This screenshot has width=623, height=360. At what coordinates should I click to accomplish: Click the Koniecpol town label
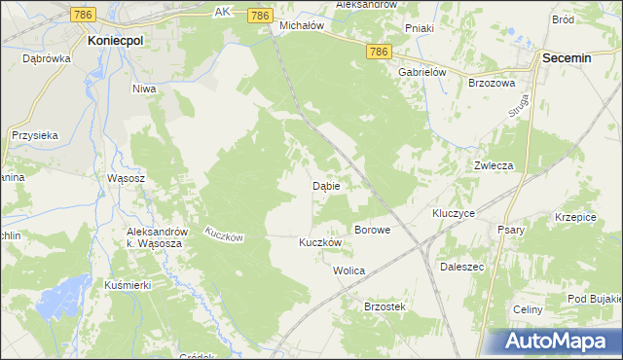pos(116,42)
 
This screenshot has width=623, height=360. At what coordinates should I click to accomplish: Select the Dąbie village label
pos(325,185)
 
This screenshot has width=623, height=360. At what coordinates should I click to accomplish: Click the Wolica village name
pos(348,270)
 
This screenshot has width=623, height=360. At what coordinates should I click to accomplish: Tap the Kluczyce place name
pos(453,212)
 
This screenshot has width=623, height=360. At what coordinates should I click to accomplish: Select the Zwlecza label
pos(494,165)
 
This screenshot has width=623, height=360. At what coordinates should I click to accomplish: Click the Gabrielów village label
pos(421,72)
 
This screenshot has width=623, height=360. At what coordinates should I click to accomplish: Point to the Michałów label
pos(301,26)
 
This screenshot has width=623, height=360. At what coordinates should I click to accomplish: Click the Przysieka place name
pos(36,136)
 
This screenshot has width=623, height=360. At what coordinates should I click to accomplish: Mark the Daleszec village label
pos(462,265)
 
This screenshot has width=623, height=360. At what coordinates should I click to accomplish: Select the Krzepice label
pos(575,217)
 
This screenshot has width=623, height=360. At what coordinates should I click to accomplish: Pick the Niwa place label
pos(144,89)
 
